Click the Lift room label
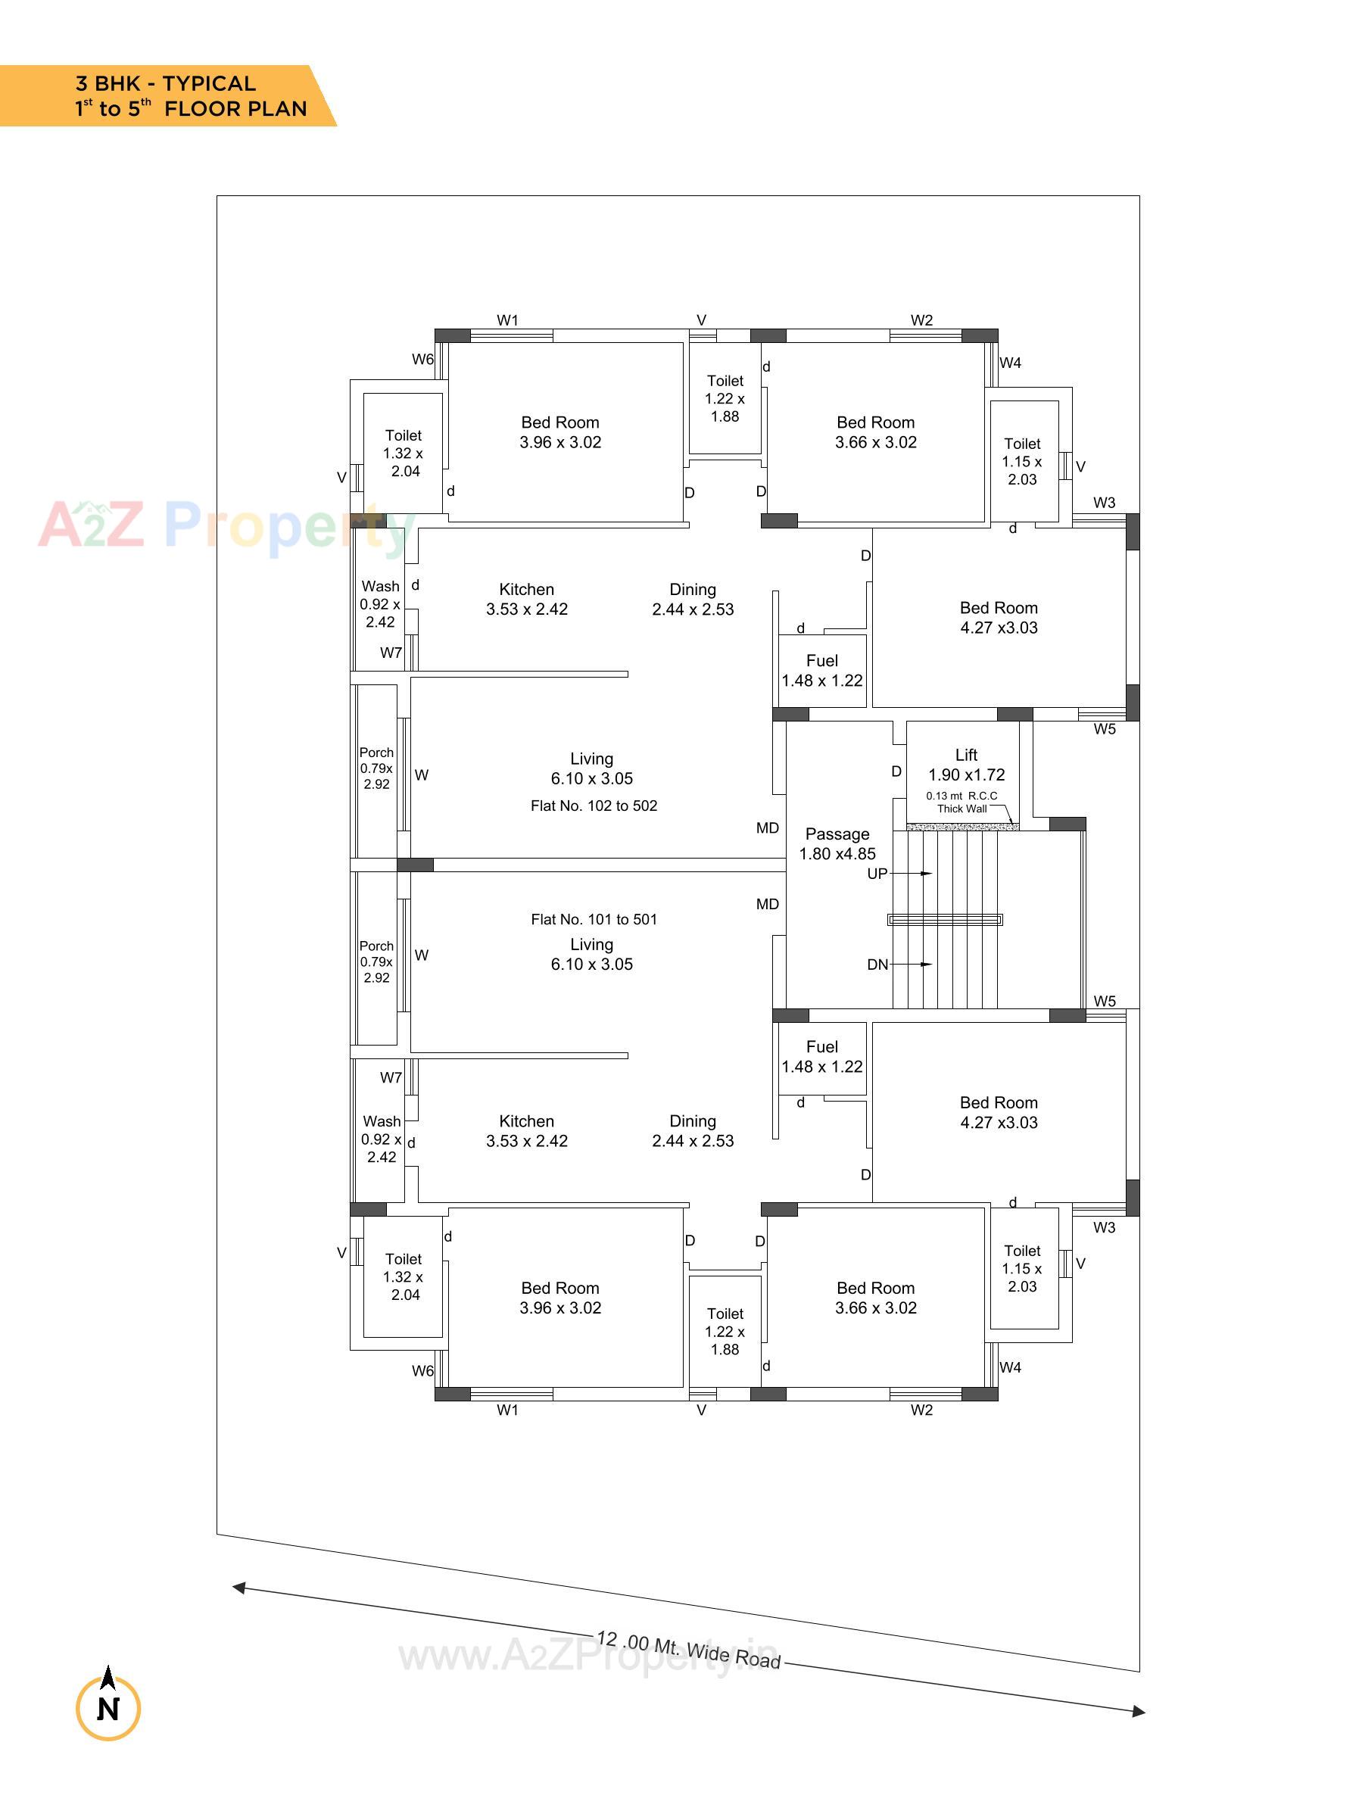966,764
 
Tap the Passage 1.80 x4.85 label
837,843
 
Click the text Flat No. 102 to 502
593,806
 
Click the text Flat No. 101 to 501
593,919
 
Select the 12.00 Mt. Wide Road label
687,1650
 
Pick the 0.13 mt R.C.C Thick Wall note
962,802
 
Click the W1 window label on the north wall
508,320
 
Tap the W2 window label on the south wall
921,1410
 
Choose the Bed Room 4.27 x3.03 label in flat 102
998,618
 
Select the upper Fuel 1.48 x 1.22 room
821,670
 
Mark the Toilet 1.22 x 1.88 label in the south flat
725,1331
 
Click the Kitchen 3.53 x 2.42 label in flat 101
527,1130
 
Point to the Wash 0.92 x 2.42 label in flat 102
379,603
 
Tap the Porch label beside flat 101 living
376,961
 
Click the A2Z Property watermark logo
222,525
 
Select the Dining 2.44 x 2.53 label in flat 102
693,599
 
